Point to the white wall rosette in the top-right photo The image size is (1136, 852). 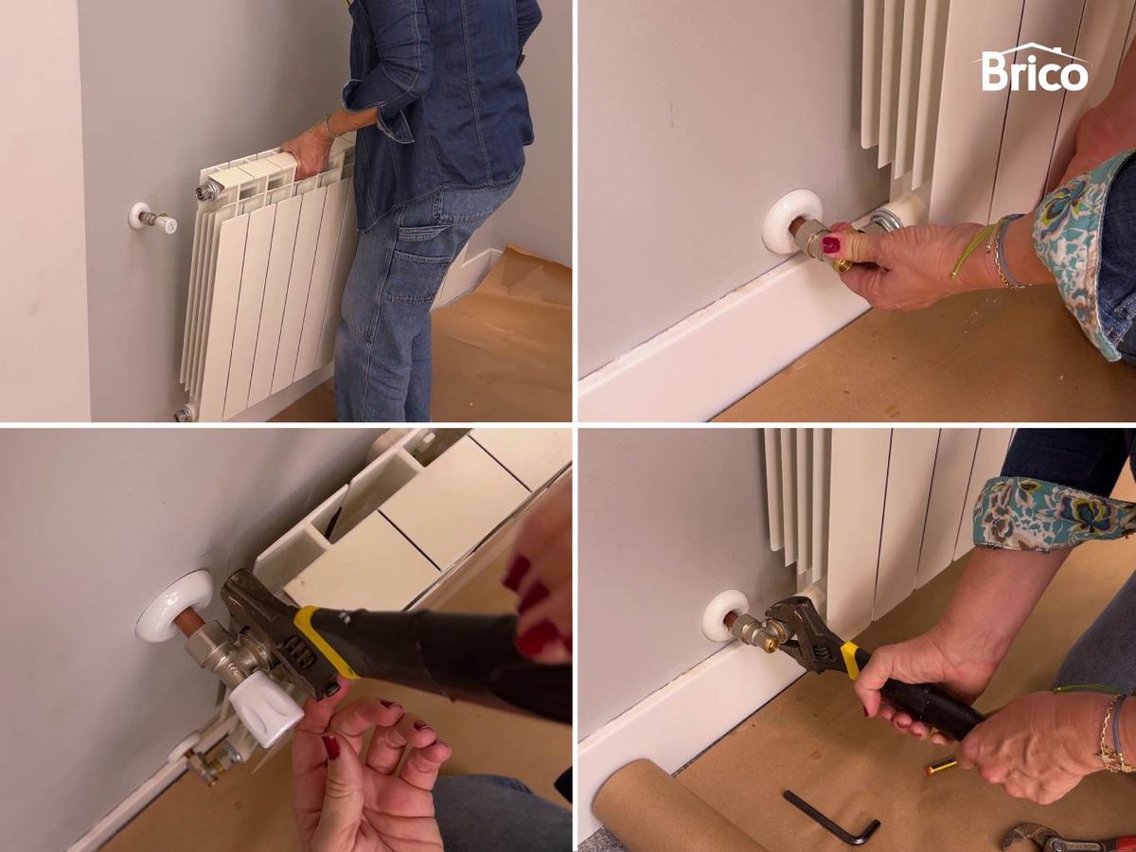click(x=785, y=226)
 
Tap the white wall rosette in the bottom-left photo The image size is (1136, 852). click(x=175, y=605)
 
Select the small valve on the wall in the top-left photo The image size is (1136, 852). click(x=160, y=222)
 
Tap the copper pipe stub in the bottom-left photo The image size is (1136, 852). click(x=191, y=623)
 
